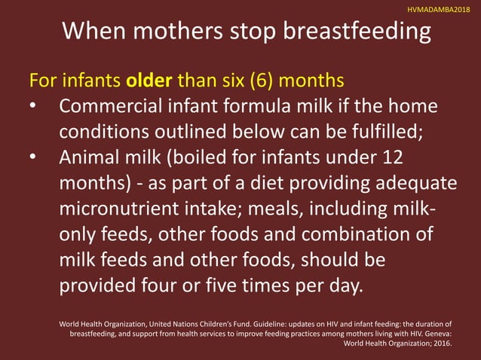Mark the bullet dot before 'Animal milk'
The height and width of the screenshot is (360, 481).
pyautogui.click(x=32, y=157)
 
